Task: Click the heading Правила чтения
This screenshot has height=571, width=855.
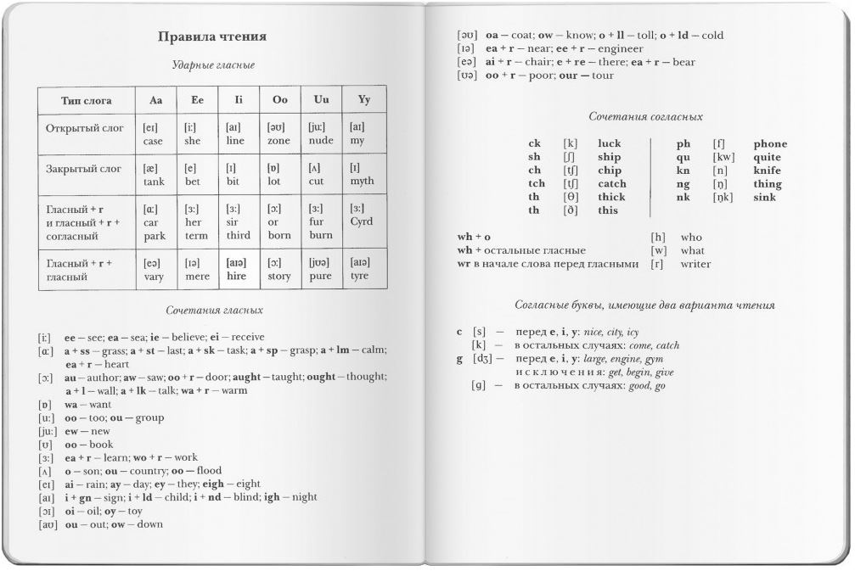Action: coord(212,36)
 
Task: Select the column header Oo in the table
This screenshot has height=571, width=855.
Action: coord(280,99)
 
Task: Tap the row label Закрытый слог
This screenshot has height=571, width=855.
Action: coord(83,169)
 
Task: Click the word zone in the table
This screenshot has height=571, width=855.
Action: coord(279,141)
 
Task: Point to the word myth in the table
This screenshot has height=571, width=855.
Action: coord(362,181)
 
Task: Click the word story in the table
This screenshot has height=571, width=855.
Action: coord(280,276)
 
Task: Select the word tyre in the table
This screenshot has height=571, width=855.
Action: coord(360,276)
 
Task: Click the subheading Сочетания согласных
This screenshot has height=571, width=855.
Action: coord(645,116)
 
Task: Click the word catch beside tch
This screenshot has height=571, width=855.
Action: coord(612,183)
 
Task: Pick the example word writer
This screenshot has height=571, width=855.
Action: coord(696,264)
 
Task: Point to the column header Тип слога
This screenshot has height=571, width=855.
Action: coord(87,100)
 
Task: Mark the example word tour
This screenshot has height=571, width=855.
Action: coord(600,76)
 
